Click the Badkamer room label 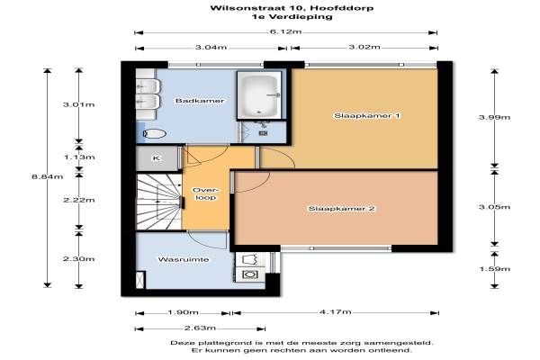tap(200, 101)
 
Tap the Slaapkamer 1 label tap(367, 116)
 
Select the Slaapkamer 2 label tap(341, 209)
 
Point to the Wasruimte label tap(184, 259)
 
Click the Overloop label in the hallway tap(205, 194)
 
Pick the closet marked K tap(157, 158)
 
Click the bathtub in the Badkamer tap(259, 95)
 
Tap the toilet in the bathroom tap(154, 133)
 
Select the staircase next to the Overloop tap(159, 202)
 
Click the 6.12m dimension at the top tap(285, 32)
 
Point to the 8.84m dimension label tap(48, 176)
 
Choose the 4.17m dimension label tap(336, 311)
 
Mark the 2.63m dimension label tap(200, 328)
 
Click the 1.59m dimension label tap(495, 269)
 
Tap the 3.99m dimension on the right tap(494, 117)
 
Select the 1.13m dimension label tap(79, 157)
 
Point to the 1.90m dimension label tap(183, 312)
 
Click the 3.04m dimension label tap(211, 47)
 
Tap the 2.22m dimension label tap(79, 200)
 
